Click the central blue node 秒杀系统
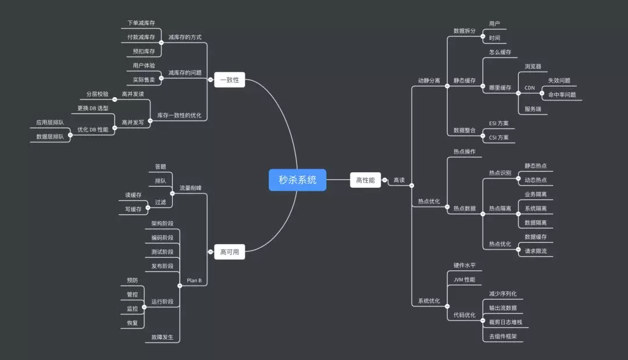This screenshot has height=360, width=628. coord(297,180)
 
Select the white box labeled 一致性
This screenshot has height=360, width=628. coord(230,80)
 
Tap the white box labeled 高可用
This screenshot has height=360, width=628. coord(230,252)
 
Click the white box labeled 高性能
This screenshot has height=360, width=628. coord(365,180)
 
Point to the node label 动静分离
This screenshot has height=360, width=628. coord(429,80)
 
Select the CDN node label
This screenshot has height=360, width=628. coord(530,88)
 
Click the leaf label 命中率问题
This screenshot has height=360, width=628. coord(562,95)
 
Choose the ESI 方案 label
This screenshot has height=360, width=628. coord(499,123)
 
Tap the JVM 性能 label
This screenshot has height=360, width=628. coord(464,280)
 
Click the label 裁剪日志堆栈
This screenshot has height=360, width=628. coord(505,322)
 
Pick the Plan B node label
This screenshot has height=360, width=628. coord(194,280)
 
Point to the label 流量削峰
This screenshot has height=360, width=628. coord(190,188)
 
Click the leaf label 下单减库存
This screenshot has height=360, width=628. coord(141,23)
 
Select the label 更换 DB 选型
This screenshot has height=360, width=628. coord(93,108)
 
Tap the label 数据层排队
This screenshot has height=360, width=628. coord(50,137)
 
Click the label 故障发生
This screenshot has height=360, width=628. coord(162,337)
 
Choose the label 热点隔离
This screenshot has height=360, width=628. coord(500,208)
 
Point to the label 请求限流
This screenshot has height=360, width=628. coord(536,251)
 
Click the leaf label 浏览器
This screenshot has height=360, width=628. coord(533,67)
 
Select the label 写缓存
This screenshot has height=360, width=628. coord(133,209)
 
